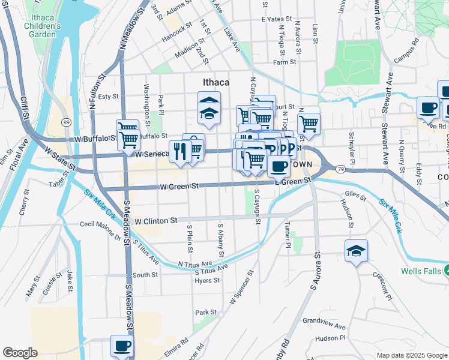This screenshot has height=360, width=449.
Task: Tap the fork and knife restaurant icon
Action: [x=179, y=152]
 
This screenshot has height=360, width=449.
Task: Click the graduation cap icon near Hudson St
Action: [x=356, y=251]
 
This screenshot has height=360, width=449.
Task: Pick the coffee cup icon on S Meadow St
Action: [x=122, y=346]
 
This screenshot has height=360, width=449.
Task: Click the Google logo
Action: [x=20, y=353]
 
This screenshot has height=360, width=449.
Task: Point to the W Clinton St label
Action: [x=155, y=221]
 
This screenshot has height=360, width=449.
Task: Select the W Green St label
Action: [x=178, y=187]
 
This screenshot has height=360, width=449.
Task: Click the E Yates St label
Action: [x=276, y=19]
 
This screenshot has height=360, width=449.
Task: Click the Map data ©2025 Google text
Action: [x=411, y=355]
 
